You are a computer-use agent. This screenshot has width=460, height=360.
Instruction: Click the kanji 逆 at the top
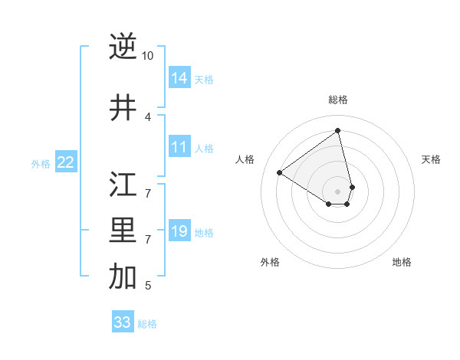(123, 47)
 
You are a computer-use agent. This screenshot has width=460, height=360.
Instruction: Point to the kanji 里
(123, 232)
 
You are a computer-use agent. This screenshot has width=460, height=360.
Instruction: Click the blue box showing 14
(179, 78)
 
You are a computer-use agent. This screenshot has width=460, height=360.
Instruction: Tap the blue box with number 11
(179, 147)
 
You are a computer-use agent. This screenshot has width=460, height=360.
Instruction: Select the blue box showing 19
(179, 231)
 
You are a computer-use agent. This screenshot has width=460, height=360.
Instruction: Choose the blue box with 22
(66, 162)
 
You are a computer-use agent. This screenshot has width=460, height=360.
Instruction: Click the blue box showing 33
(123, 322)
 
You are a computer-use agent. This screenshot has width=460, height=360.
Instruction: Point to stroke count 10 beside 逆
(148, 56)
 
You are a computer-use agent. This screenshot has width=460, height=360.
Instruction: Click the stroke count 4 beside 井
(148, 117)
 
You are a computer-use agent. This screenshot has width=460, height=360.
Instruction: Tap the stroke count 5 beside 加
(148, 286)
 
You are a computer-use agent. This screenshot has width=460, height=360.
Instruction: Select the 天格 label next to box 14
(204, 80)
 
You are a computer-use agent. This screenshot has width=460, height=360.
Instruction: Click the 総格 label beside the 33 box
(147, 324)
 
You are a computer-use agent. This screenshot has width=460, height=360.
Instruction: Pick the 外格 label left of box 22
(41, 164)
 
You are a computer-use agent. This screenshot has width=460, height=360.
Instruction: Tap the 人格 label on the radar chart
(245, 159)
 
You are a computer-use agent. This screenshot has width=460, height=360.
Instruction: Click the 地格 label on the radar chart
(402, 262)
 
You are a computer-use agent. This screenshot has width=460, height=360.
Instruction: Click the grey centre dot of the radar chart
(338, 191)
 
